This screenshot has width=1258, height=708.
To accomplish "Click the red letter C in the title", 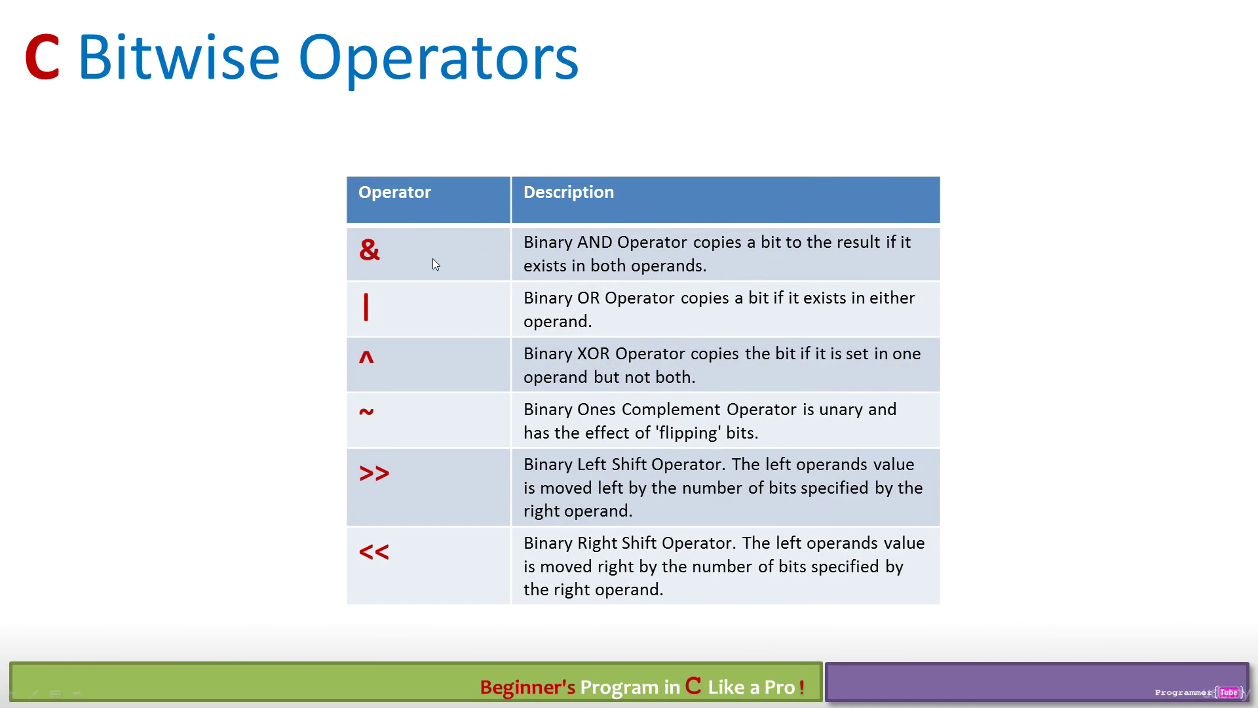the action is (43, 58).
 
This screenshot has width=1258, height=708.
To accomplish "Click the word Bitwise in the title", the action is (179, 57).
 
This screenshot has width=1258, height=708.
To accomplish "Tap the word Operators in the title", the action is (438, 59).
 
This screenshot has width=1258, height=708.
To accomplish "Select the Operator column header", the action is (394, 192).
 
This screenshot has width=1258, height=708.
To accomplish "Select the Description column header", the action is (569, 192).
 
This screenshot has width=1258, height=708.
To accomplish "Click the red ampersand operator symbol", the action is (370, 250).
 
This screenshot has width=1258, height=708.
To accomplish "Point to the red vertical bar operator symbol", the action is (366, 307).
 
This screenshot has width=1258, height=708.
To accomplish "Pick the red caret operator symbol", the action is (366, 357).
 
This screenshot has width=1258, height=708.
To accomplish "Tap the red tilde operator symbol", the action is (366, 412).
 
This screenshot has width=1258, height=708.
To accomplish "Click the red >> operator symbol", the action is (374, 473).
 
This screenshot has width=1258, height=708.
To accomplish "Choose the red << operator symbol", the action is (374, 552).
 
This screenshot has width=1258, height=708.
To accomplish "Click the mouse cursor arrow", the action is (436, 264).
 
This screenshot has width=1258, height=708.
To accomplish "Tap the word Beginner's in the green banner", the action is (527, 687).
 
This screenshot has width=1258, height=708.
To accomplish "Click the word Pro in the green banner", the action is (780, 687).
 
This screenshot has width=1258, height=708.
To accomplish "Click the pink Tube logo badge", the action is (1229, 692).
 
